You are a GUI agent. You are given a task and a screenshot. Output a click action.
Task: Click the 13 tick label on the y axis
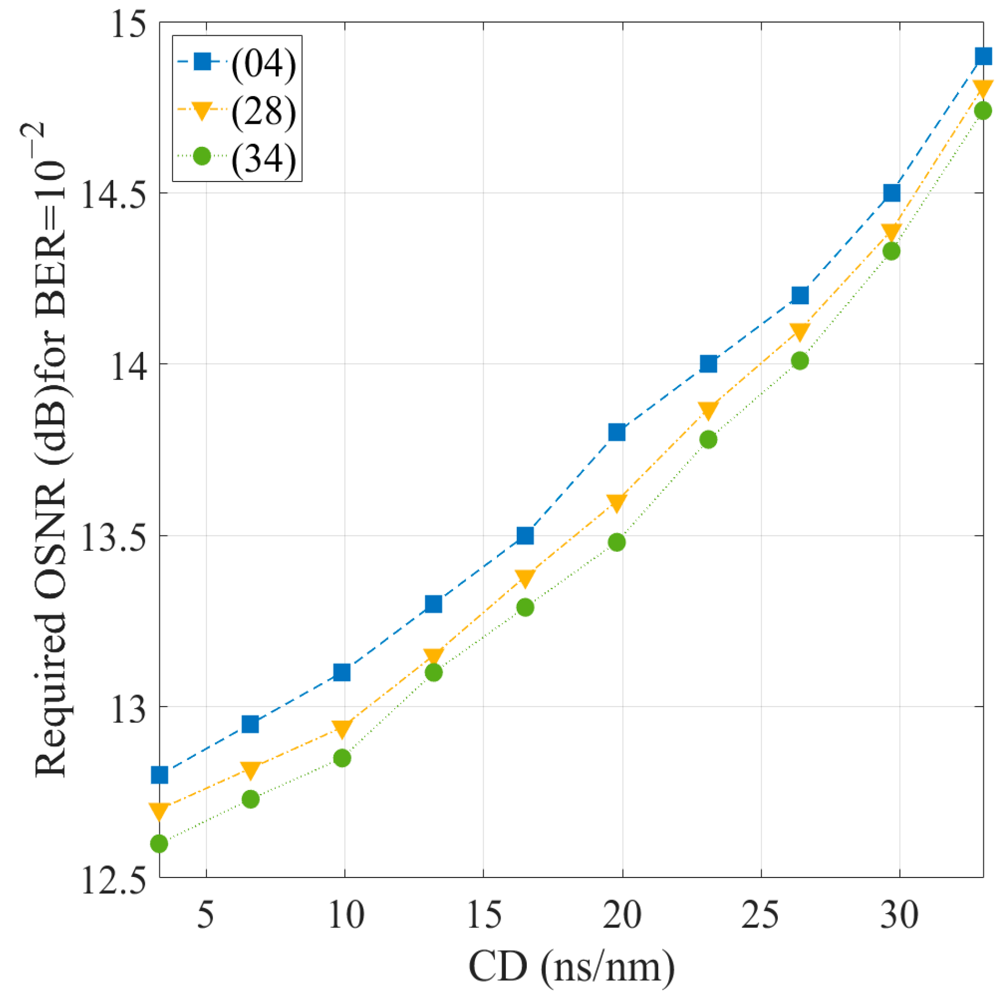pos(128,708)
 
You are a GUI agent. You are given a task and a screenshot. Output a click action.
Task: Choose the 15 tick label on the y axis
pos(128,24)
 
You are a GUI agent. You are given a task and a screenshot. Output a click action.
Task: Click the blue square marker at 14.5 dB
pos(892,192)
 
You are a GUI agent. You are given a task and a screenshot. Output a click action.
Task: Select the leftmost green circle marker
pos(159,844)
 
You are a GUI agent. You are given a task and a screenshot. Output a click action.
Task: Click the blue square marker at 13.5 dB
pos(525,536)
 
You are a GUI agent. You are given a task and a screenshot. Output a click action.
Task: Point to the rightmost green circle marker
pos(983,111)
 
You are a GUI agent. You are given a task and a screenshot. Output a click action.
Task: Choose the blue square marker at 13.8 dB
pos(617,432)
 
